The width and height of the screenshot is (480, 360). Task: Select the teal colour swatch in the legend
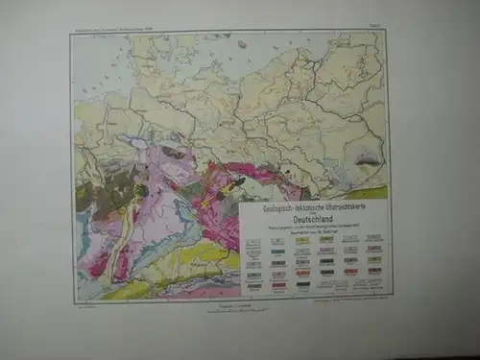coord(277,252)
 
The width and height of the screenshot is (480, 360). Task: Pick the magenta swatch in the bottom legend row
coord(277,284)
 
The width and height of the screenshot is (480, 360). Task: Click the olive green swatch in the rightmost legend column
coord(373,249)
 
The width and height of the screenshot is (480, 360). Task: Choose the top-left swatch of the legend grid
coord(253,240)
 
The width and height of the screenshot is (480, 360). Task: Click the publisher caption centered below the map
coord(230,308)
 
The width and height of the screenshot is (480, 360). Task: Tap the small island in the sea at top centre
coord(241,44)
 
